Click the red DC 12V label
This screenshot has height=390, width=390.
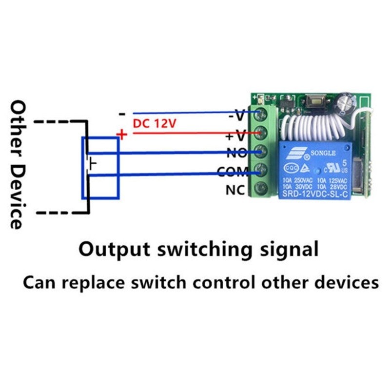tap(154, 124)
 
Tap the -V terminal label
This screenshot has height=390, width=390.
tap(237, 116)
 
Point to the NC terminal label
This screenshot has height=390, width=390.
tap(236, 190)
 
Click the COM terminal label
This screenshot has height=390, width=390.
tap(233, 172)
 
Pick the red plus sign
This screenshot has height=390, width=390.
tap(122, 134)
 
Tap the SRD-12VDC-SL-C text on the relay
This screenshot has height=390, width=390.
tap(312, 194)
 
